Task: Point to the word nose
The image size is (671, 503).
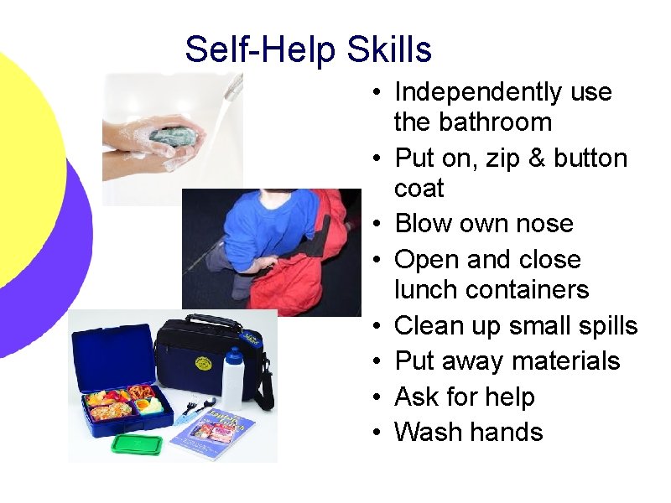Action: (545, 224)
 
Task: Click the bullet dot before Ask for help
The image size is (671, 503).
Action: (379, 397)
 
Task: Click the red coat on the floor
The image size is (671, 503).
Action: (298, 281)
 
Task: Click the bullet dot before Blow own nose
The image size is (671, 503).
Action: (379, 225)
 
